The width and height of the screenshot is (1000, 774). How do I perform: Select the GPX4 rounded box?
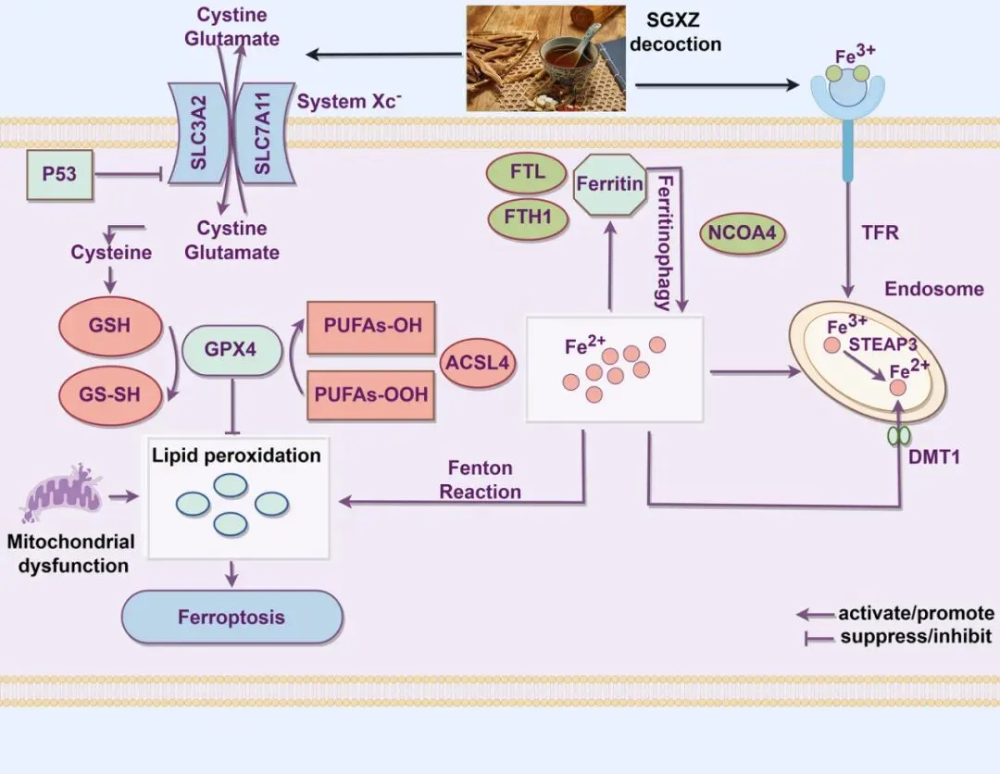[230, 350]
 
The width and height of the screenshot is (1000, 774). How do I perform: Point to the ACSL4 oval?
[478, 361]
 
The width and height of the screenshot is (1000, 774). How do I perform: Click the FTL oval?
[527, 171]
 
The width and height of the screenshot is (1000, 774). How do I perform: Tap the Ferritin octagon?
[609, 184]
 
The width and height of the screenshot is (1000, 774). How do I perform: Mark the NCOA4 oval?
[742, 232]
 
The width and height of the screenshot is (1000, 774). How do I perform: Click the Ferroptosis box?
[232, 618]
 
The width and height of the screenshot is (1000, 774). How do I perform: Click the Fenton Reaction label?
[480, 480]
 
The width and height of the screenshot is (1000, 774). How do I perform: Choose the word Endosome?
[933, 289]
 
